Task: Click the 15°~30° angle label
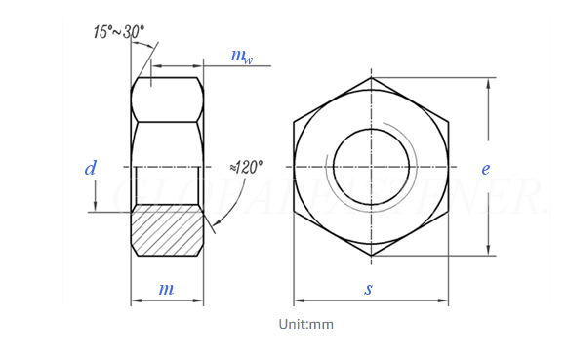(118, 33)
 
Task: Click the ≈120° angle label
(246, 167)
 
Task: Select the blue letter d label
(90, 168)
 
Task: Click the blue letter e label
(485, 168)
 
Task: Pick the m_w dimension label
(241, 56)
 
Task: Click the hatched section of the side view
(167, 230)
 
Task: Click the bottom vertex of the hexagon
(371, 257)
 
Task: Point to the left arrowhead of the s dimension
(299, 300)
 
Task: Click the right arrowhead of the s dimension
(444, 300)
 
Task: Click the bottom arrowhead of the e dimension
(487, 252)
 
